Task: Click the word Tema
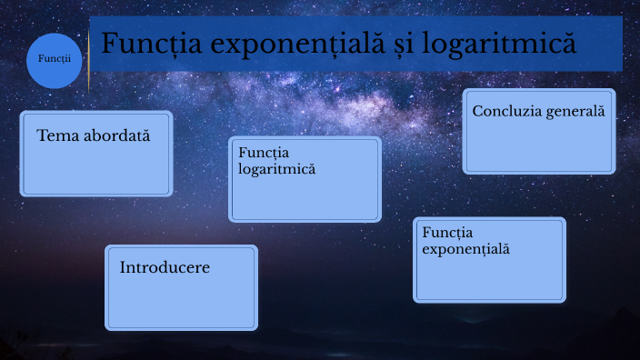coord(56,135)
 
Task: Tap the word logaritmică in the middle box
coord(276,168)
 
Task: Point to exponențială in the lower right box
coord(466,248)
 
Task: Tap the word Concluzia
coord(505,111)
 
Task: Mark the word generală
coord(573,111)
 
